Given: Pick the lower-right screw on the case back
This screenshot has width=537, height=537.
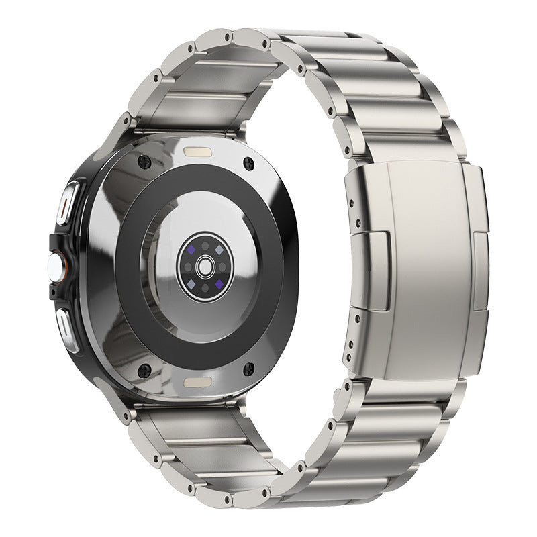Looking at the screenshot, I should [x=249, y=368].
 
